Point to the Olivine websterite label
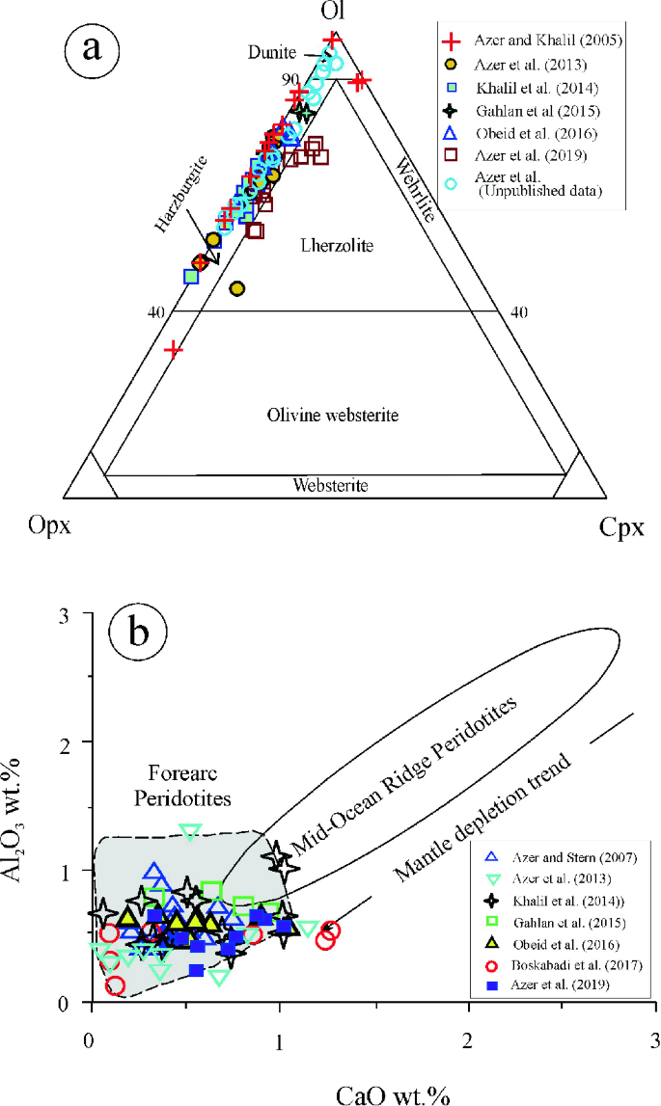click(x=332, y=416)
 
